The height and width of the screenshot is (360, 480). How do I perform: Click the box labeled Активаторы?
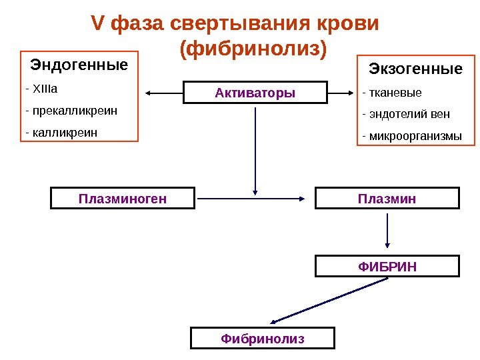pyautogui.click(x=255, y=93)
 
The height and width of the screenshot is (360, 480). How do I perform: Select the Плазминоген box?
pyautogui.click(x=123, y=198)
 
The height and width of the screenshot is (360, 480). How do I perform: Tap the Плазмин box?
pyautogui.click(x=387, y=198)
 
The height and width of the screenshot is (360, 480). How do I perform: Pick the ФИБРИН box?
pyautogui.click(x=387, y=266)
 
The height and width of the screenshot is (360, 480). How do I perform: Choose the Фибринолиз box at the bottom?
pyautogui.click(x=262, y=339)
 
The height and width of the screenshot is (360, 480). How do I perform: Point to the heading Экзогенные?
pyautogui.click(x=415, y=69)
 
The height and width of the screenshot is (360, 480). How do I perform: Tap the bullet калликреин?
pyautogui.click(x=61, y=132)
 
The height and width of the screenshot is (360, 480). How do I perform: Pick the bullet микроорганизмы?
pyautogui.click(x=411, y=137)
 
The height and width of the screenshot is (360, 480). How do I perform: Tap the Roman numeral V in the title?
pyautogui.click(x=97, y=24)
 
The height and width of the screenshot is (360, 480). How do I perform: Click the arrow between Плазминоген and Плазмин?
pyautogui.click(x=253, y=198)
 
